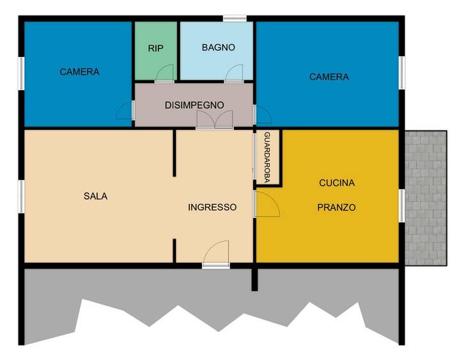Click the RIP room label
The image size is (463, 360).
tap(155, 48)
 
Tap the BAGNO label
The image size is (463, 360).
tap(219, 47)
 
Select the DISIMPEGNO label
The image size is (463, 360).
tap(194, 105)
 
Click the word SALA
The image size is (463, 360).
tap(95, 196)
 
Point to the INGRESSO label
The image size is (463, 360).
tap(212, 207)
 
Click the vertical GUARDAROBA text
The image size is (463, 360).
tap(267, 157)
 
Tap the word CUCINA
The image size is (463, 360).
tap(337, 183)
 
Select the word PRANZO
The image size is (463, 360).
tap(336, 207)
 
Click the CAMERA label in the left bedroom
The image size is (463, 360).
tap(79, 72)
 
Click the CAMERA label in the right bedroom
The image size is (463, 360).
tap(329, 77)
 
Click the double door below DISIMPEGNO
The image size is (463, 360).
tap(215, 120)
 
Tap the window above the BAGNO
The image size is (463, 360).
tap(235, 19)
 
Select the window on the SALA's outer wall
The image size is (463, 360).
tap(21, 196)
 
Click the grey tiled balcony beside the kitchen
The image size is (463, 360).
tap(425, 198)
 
